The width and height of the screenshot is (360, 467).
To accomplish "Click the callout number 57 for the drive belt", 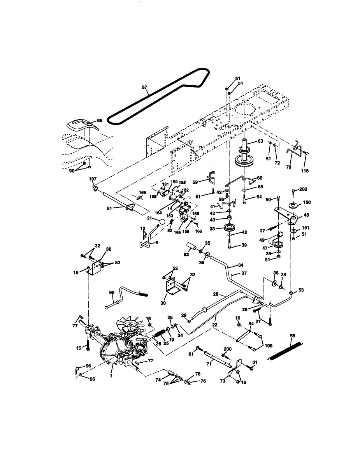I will (145, 88).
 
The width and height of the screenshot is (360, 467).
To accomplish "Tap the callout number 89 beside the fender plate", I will (100, 121).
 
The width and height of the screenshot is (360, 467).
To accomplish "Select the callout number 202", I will (304, 190).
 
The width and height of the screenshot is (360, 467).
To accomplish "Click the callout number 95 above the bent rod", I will (112, 293).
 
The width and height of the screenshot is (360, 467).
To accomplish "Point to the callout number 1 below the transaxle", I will (111, 376).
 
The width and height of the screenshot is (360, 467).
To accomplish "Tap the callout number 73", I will (222, 381).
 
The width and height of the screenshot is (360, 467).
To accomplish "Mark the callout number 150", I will (307, 202).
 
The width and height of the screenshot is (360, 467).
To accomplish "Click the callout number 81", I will (109, 209).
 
